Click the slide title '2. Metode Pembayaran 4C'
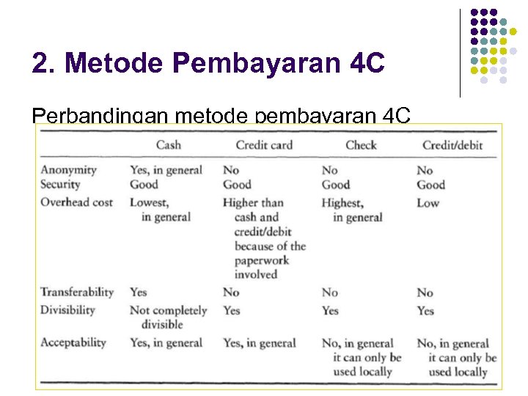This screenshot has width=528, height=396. [208, 63]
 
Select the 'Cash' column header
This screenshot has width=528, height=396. [168, 144]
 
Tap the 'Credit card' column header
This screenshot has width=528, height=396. [264, 144]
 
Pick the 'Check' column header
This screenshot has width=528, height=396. [361, 144]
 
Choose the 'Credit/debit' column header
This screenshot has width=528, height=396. [452, 144]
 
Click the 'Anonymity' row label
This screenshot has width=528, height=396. [68, 169]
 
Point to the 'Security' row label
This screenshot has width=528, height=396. [60, 185]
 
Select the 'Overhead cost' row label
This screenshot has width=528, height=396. [76, 202]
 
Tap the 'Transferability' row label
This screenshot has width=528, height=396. [77, 292]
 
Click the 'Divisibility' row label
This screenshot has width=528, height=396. [67, 309]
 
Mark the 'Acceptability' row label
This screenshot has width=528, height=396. [73, 342]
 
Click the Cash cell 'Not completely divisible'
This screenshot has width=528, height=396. [168, 317]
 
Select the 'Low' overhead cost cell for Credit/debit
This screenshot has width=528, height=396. [428, 202]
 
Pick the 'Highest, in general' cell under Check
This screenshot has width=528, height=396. [352, 210]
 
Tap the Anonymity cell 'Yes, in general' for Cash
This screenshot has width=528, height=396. [166, 169]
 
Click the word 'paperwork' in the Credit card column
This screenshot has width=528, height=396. [261, 260]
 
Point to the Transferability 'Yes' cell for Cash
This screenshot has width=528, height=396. [138, 292]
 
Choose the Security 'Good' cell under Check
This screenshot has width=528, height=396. [335, 185]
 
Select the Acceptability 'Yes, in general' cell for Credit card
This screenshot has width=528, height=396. [259, 342]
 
